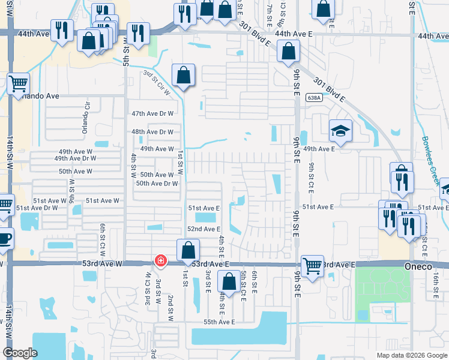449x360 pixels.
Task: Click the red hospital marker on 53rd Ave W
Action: coord(160,261)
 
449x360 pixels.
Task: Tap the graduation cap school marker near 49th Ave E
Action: coord(340,131)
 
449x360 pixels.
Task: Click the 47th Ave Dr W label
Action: coord(152,113)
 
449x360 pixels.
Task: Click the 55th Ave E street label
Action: coord(218,322)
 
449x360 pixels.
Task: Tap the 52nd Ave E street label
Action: coord(204,229)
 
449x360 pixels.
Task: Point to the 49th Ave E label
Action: coord(319,148)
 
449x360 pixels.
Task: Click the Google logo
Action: coord(20,353)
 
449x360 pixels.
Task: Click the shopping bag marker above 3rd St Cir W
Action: coord(183,76)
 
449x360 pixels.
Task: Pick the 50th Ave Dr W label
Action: coord(157,184)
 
